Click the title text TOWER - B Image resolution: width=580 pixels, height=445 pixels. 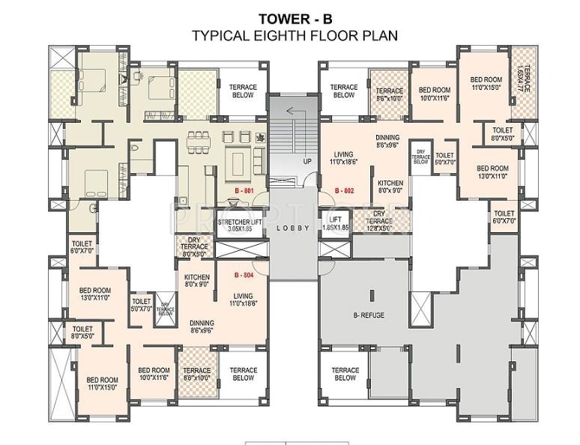[294, 19]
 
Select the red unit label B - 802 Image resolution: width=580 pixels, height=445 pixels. [344, 191]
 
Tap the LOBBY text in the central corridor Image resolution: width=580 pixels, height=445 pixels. [293, 228]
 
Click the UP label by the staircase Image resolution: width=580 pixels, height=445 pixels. [306, 161]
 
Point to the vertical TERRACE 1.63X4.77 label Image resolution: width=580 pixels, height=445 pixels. [523, 79]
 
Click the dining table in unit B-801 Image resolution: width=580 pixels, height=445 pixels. [197, 141]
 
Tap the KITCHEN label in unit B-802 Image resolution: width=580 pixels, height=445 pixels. [390, 187]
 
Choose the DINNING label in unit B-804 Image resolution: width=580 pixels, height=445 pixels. [202, 326]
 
